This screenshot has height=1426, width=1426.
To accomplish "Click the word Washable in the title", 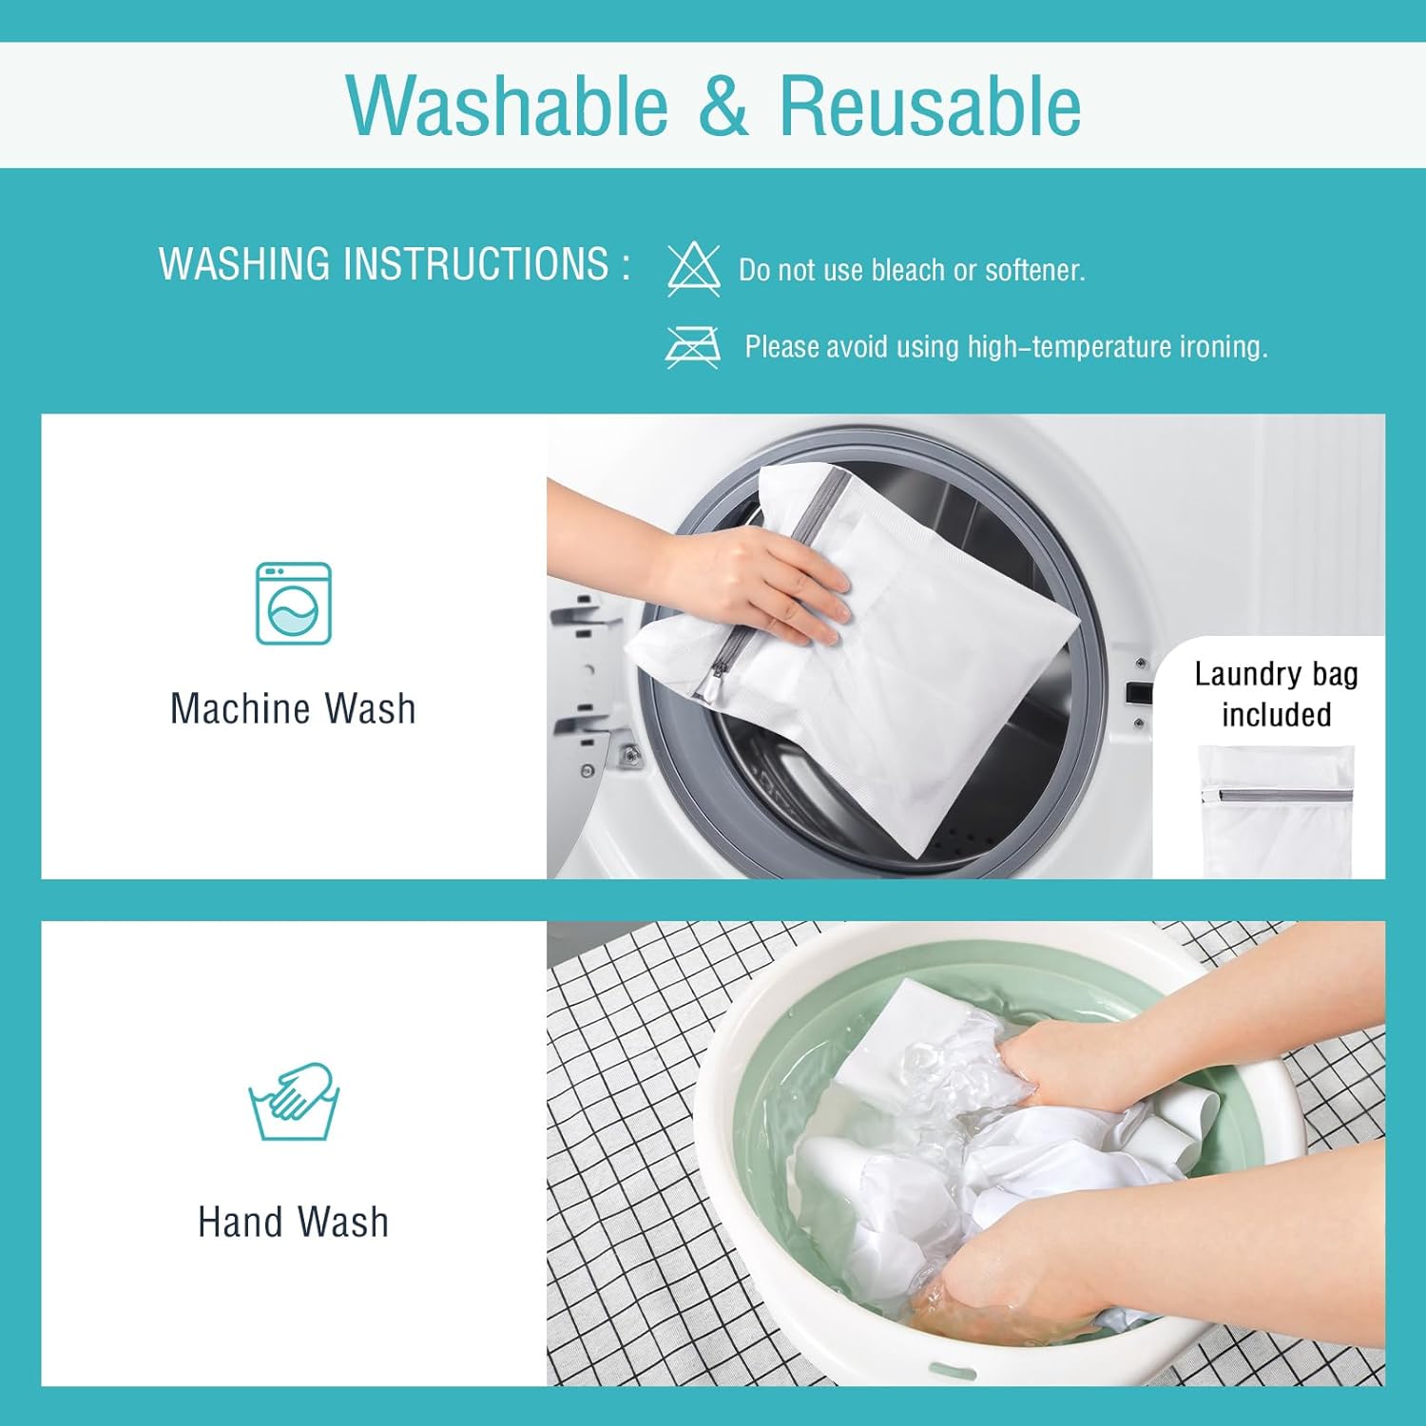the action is tap(508, 105).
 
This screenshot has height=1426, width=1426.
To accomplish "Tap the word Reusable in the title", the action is tap(930, 105).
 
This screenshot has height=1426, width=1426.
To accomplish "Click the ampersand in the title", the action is tap(723, 106).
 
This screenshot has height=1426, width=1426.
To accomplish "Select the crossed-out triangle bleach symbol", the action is tap(694, 269).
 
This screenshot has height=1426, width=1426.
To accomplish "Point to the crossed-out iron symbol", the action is tap(693, 346).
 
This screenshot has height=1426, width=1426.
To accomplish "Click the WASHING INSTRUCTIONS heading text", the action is tap(395, 264).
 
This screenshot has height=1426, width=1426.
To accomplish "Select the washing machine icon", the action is tap(294, 604).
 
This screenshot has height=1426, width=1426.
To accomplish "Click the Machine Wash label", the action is tap(293, 709).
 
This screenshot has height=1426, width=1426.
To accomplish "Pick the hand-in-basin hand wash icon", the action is tap(294, 1101).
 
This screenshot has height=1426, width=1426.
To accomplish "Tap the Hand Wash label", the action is tap(293, 1223).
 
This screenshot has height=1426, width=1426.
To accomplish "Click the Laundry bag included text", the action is tap(1276, 694).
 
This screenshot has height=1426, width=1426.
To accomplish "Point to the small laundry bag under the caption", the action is tap(1276, 812).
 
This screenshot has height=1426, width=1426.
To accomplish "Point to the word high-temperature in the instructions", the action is tap(1069, 347).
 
